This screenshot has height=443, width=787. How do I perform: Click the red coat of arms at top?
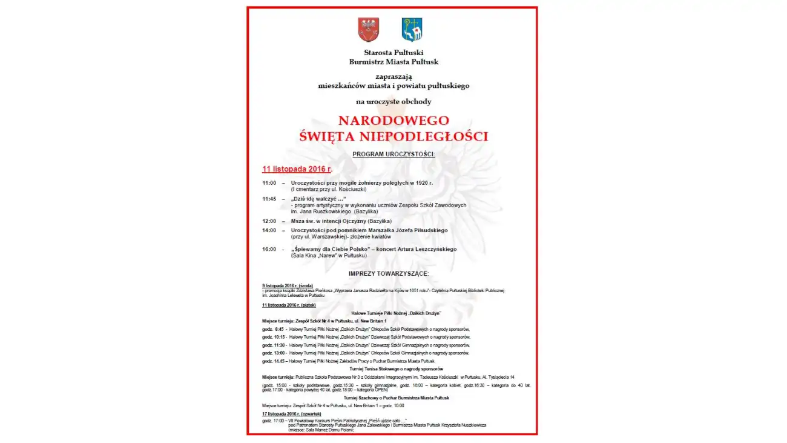click(368, 29)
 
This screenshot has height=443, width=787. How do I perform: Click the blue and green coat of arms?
click(412, 29)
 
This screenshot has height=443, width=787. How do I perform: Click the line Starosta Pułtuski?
click(393, 53)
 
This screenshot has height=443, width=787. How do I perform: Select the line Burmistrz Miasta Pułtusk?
click(393, 62)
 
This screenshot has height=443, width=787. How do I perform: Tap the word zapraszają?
click(393, 76)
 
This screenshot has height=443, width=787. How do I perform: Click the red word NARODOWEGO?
click(393, 120)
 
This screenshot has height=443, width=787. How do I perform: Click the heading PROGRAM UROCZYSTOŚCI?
click(393, 155)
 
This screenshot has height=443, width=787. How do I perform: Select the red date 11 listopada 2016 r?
click(297, 168)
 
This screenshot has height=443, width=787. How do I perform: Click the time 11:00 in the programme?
click(269, 183)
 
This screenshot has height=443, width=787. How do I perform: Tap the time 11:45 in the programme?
click(269, 199)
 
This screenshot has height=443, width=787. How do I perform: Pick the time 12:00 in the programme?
click(269, 221)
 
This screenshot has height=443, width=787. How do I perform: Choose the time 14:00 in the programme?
click(269, 230)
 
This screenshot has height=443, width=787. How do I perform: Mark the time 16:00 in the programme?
click(269, 249)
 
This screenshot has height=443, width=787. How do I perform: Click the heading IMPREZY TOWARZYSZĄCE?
click(397, 274)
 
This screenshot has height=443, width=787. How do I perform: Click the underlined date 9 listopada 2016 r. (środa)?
click(288, 285)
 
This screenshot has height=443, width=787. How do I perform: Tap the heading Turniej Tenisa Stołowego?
click(396, 369)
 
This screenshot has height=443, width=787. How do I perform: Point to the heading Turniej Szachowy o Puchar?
click(396, 398)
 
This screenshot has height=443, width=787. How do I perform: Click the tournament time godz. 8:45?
click(273, 329)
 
